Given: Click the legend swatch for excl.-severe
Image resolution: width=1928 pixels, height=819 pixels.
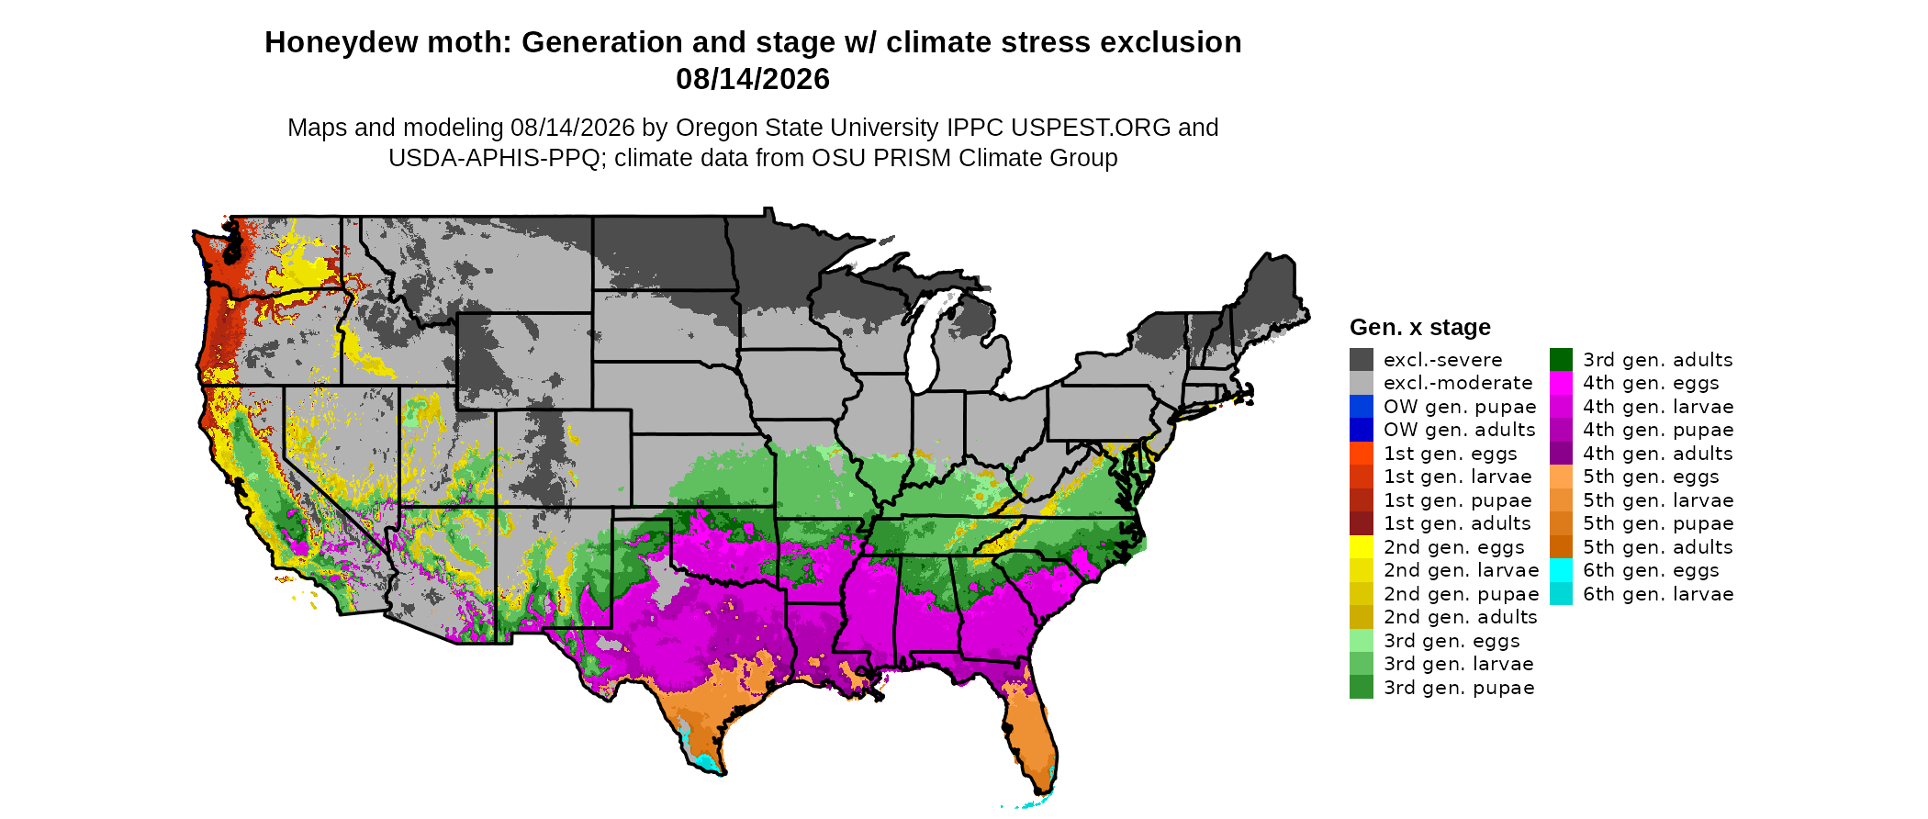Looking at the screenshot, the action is click(1362, 359).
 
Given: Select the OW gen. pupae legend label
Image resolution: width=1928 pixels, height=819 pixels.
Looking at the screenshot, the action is click(1460, 407).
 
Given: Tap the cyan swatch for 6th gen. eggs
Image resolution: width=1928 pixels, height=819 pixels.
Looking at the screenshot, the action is click(1561, 570).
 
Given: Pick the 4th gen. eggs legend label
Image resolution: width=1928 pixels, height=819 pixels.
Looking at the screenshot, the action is click(1651, 383).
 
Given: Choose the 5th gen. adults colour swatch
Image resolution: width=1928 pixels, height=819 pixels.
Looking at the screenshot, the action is click(1561, 547).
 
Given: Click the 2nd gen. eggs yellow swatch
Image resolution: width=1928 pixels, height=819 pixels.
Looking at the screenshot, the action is click(1362, 547).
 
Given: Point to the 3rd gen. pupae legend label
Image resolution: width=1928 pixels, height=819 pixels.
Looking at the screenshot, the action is click(1459, 688).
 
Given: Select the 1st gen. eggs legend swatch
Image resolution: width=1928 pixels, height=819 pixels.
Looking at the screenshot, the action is click(1362, 454).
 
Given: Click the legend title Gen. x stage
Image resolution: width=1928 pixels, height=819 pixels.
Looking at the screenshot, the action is click(1420, 327).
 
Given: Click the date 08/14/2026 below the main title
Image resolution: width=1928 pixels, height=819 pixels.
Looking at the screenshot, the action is click(753, 79).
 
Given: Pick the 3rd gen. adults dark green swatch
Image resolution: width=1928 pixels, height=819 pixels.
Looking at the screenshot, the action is click(1561, 359).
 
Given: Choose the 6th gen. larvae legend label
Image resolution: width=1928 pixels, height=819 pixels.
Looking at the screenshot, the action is click(1658, 594).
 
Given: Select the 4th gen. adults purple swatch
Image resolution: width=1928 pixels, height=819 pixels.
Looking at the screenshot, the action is click(1561, 454).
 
